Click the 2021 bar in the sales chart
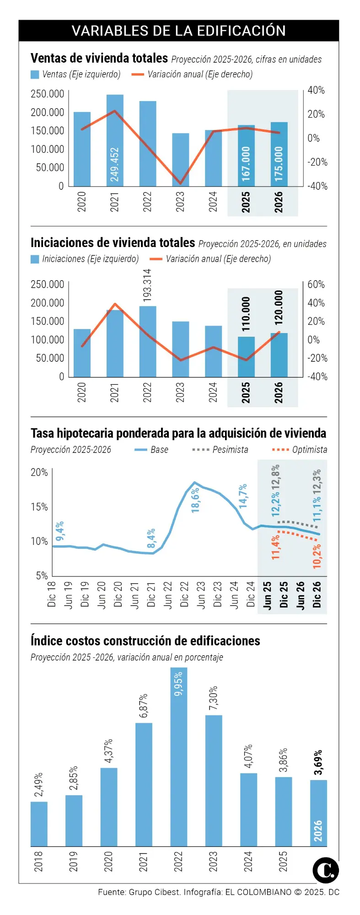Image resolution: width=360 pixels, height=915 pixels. pos(115,137)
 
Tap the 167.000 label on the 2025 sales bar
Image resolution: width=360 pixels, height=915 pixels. pos(246,164)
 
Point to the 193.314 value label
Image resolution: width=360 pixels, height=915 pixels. pos(147,285)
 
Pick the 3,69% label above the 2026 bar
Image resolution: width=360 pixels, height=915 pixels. pos(318,762)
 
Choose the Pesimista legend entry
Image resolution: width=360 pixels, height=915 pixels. pos(220,450)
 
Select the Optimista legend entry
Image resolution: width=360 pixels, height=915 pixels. pos(300,450)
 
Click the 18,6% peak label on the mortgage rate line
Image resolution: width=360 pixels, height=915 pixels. pos(195,500)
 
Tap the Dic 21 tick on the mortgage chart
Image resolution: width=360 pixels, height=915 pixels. pos(151,594)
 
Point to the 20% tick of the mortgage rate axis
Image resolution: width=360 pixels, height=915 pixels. pos(39,472)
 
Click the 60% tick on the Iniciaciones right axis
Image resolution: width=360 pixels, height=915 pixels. pos(316,285)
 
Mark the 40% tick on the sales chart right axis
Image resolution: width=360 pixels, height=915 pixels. pos(316,91)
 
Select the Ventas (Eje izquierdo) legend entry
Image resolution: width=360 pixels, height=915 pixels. pos(76,75)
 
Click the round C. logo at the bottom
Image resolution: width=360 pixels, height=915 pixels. pos(326,870)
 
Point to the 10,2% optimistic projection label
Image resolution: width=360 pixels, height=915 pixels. pos(317,556)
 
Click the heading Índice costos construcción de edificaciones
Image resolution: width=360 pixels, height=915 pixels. pos(145,641)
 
